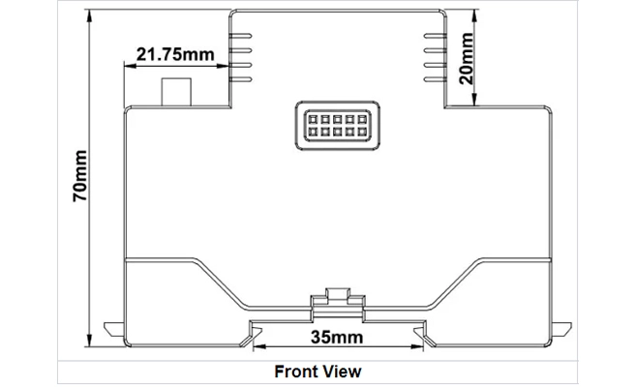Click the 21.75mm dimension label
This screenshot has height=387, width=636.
point(174,54)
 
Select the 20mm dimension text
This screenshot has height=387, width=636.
point(468,60)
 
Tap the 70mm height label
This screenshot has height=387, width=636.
point(79,176)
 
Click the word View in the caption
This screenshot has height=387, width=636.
point(343,371)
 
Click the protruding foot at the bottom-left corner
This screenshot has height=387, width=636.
point(114,331)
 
